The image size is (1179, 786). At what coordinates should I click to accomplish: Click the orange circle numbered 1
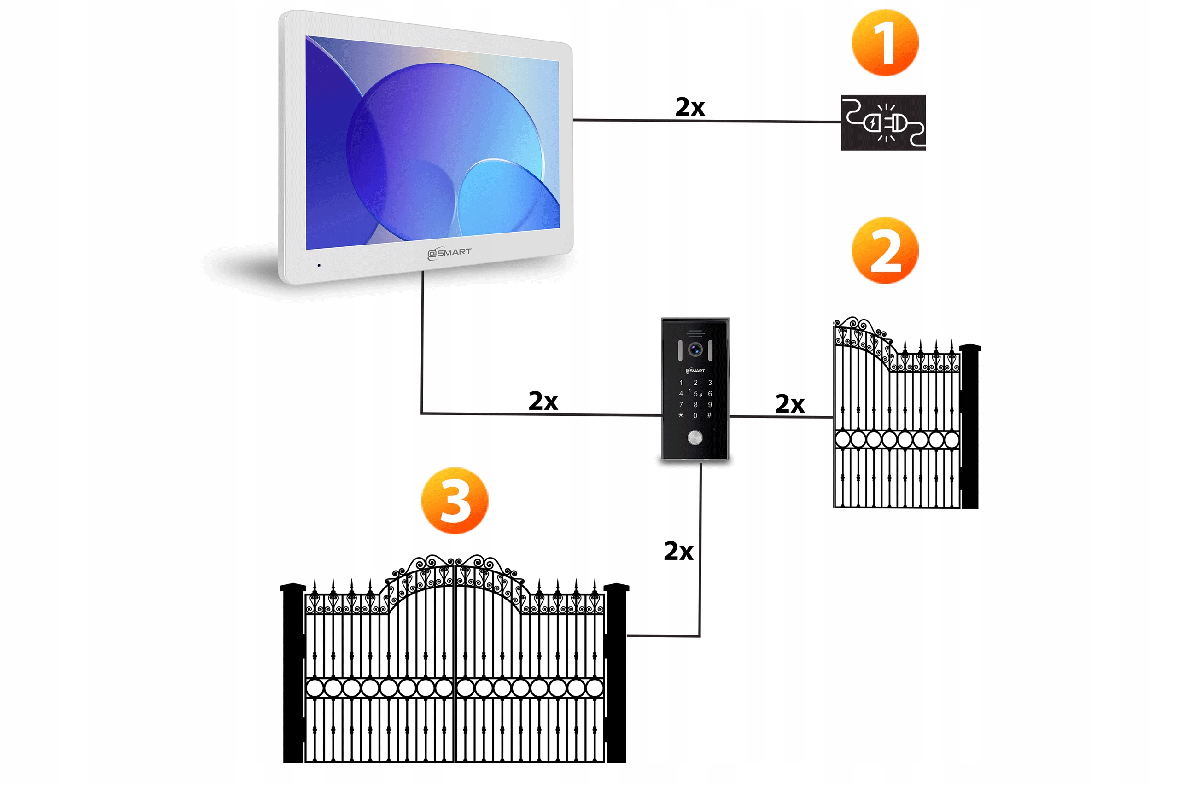click(x=885, y=43)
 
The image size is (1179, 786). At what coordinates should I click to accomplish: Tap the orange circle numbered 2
click(x=885, y=250)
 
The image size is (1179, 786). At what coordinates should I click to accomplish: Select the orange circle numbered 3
click(x=454, y=501)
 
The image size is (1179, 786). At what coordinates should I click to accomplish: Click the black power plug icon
click(x=883, y=122)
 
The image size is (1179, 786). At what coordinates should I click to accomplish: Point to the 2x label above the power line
click(x=690, y=107)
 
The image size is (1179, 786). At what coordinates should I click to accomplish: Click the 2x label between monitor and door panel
click(x=543, y=401)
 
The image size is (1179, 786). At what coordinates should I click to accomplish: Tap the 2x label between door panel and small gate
click(x=789, y=403)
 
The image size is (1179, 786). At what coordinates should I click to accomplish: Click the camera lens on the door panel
click(x=695, y=349)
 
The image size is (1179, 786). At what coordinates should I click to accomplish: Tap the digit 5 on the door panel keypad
click(x=695, y=394)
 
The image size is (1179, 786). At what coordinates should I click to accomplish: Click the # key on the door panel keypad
click(x=709, y=415)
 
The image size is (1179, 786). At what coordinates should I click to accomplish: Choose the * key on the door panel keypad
click(x=681, y=415)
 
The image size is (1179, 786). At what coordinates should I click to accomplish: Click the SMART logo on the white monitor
click(x=449, y=253)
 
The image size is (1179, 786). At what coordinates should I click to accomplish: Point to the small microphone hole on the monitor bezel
click(x=319, y=265)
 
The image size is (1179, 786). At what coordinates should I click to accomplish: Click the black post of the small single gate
click(x=969, y=426)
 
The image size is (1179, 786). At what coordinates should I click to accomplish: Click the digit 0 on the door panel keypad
click(x=695, y=415)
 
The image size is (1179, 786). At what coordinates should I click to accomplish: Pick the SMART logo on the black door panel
click(x=695, y=371)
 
